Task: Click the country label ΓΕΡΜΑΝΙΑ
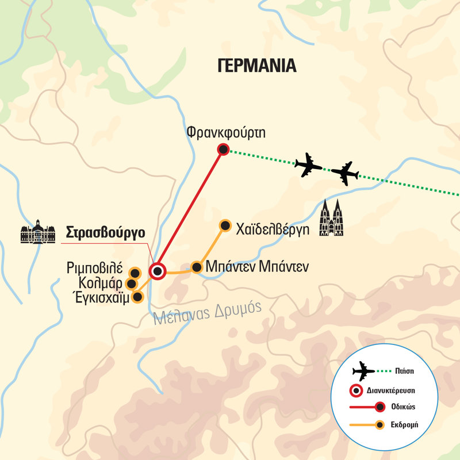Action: [x=257, y=65]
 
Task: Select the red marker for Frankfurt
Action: [x=223, y=150]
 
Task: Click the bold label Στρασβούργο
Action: [x=105, y=233]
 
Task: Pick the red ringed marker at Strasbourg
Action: [x=156, y=270]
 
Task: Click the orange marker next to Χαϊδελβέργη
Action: [x=225, y=225]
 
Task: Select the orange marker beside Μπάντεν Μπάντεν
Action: [x=197, y=267]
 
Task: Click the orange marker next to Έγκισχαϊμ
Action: [x=137, y=297]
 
